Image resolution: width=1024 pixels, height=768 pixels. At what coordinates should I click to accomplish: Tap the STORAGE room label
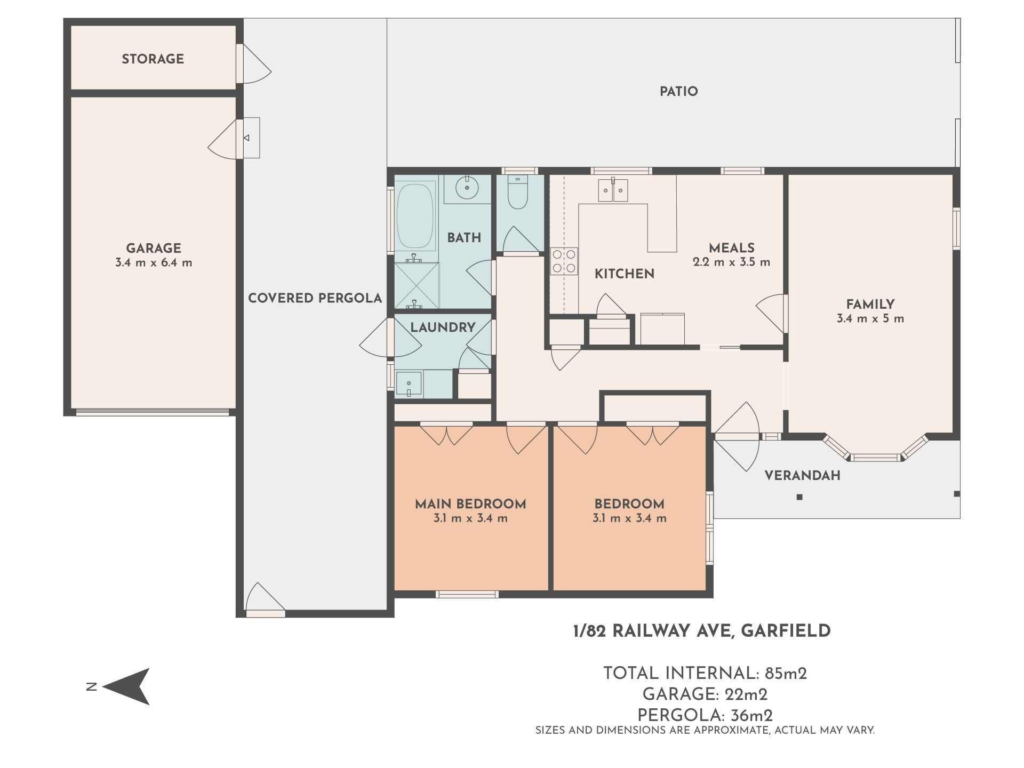click(153, 59)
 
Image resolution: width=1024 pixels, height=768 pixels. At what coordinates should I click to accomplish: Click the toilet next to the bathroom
click(517, 193)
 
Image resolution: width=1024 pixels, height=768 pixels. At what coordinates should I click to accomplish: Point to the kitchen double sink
click(613, 190)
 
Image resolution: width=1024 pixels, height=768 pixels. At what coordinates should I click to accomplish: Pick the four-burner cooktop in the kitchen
click(564, 261)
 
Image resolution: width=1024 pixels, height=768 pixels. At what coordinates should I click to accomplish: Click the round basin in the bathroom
click(468, 188)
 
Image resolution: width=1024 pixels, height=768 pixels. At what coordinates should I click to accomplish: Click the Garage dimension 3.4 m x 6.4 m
click(154, 262)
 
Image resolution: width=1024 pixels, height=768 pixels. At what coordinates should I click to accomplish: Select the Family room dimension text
click(870, 319)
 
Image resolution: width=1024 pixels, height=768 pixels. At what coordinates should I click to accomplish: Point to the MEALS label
click(732, 248)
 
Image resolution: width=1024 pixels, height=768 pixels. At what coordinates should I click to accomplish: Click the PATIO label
click(679, 92)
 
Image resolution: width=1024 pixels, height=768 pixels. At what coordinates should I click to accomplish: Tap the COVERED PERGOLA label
click(315, 298)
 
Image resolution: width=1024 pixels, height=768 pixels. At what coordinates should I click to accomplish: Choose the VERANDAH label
click(803, 476)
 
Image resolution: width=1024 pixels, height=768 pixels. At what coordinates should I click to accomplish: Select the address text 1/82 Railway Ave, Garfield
click(702, 631)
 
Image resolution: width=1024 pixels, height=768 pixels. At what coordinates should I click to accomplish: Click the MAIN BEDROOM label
click(470, 504)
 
